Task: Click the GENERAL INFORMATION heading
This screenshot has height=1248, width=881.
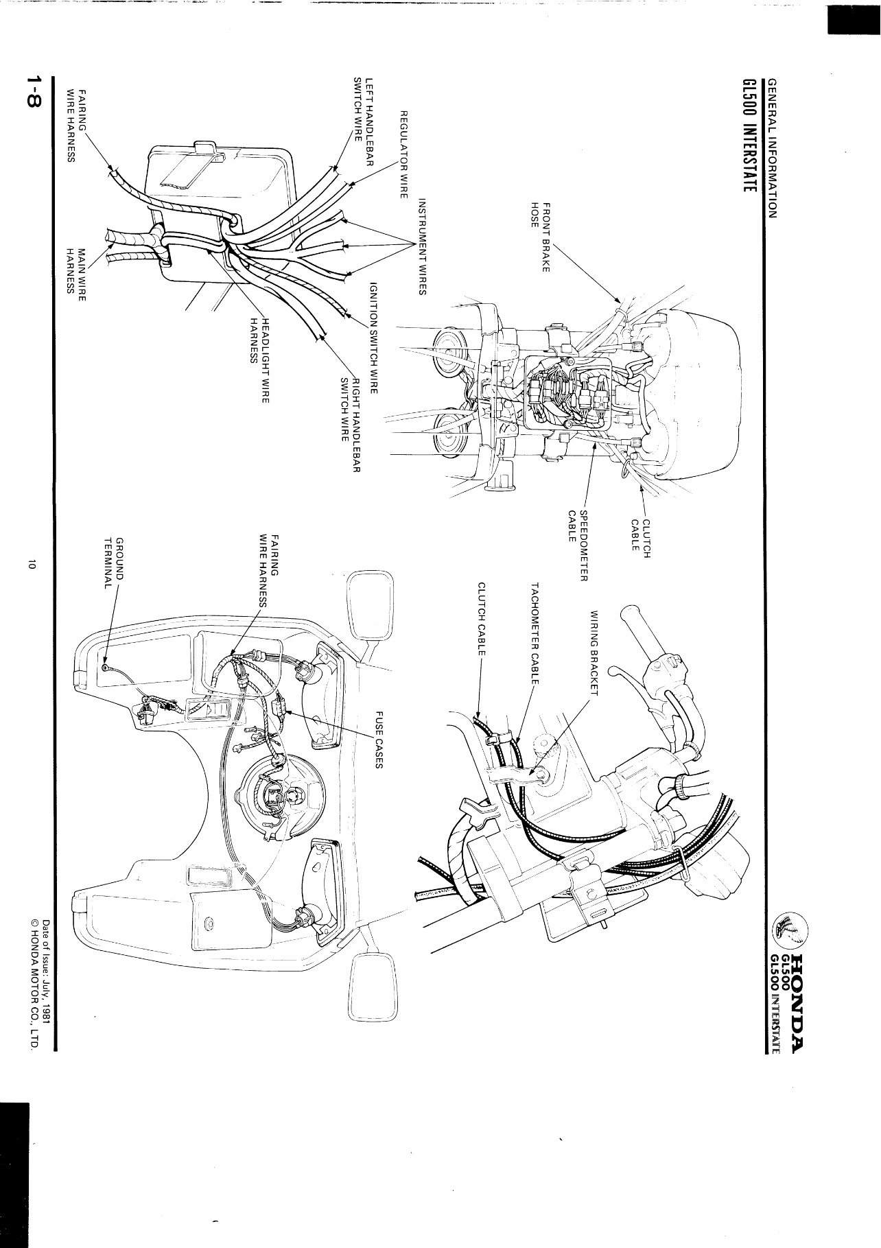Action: coord(772,148)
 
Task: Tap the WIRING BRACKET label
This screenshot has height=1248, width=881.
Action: coord(594,652)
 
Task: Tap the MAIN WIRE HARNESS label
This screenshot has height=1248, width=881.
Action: coord(75,270)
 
